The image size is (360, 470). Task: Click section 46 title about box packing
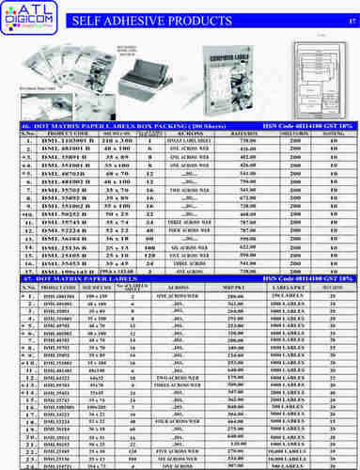coord(104,125)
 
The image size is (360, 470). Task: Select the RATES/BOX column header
coord(251,133)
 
